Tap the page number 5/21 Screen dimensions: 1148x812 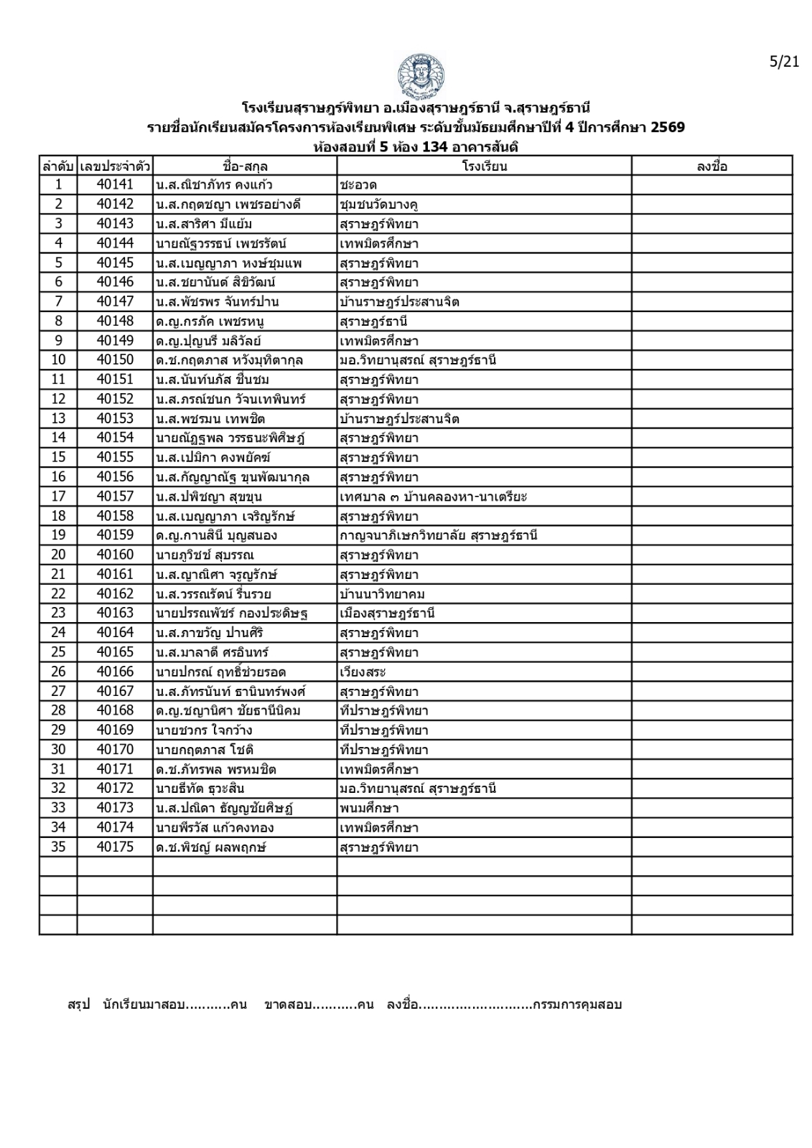point(784,62)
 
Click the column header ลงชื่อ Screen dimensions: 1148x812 point(711,166)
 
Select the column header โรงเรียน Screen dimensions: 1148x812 point(484,166)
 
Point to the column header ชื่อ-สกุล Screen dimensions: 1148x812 point(245,166)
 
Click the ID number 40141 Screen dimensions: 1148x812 point(115,185)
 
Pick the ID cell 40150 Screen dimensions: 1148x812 point(115,360)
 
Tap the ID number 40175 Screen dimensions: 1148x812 point(115,847)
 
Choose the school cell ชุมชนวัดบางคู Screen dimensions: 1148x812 point(379,204)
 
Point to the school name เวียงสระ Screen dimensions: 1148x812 point(363,672)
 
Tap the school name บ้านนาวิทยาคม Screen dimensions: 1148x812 point(383,594)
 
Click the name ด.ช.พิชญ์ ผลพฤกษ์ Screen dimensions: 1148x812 point(210,847)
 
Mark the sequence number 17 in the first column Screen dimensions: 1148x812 point(58,497)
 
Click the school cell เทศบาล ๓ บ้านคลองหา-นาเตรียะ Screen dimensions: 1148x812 point(434,497)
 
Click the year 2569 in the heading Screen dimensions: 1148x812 point(667,128)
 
